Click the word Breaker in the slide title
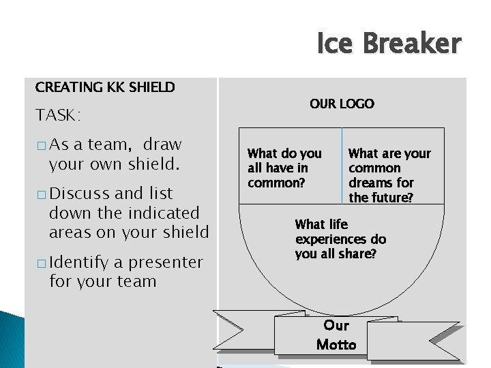pos(412,44)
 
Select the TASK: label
pos(58,115)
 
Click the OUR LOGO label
pos(342,104)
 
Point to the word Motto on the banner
pos(336,344)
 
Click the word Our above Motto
pos(336,325)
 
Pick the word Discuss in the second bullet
pos(76,194)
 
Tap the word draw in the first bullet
pos(163,144)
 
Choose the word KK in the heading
pos(115,87)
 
